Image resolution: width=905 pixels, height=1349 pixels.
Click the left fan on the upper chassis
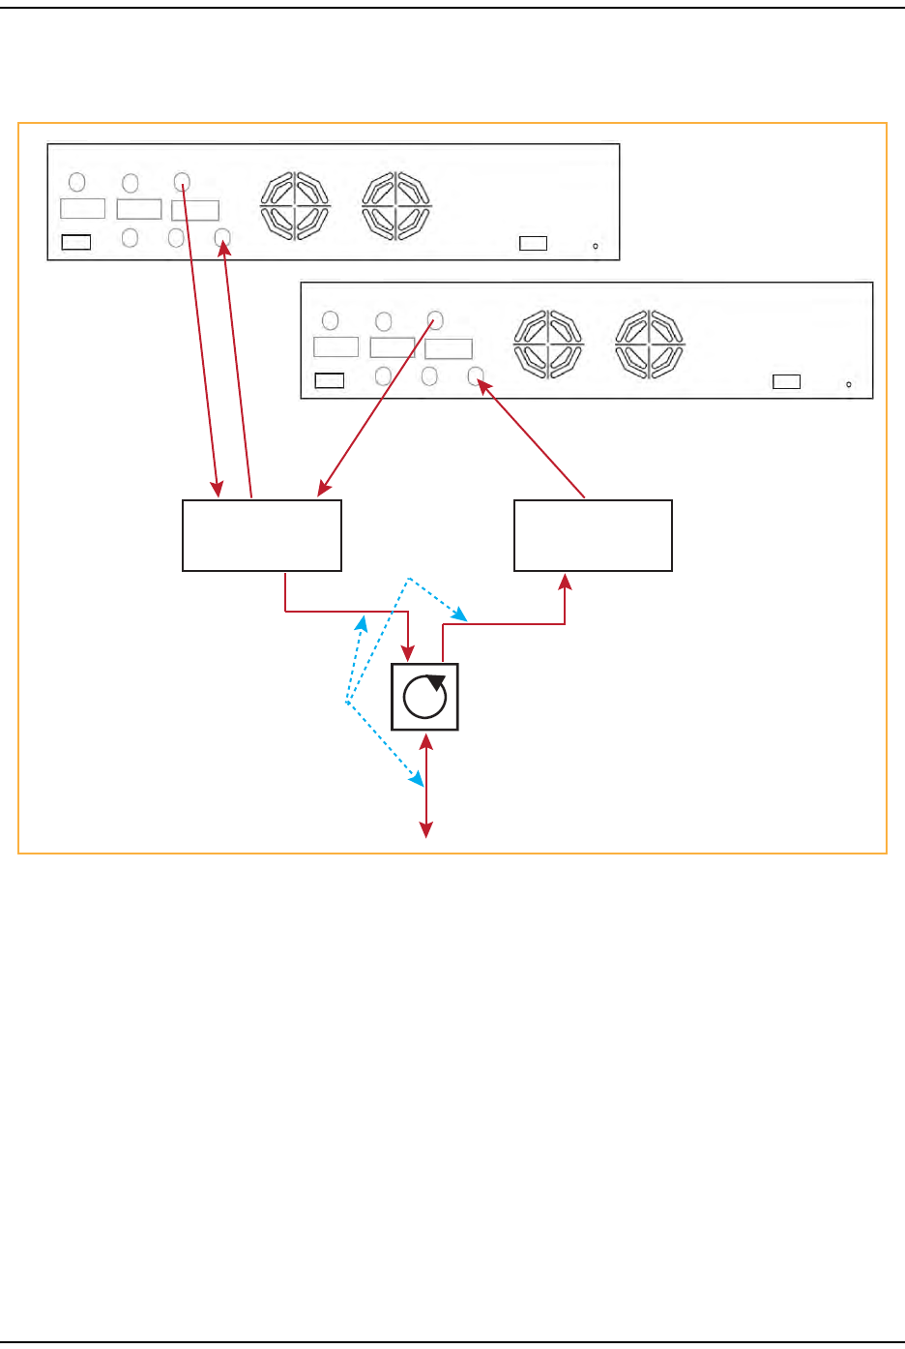pos(296,205)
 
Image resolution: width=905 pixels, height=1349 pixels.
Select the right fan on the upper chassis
pos(396,205)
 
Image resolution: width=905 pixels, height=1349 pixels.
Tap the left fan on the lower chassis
pos(549,344)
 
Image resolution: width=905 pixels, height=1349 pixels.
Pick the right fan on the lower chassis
pos(650,344)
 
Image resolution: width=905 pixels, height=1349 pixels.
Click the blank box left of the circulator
pos(262,535)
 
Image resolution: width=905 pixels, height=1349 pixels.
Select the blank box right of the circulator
pos(593,535)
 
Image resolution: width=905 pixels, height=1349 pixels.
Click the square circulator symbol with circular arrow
pos(424,697)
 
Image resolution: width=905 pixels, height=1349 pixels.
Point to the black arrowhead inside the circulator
pos(437,681)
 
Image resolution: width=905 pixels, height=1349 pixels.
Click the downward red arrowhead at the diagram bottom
pos(425,829)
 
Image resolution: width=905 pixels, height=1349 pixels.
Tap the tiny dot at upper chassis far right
pos(596,246)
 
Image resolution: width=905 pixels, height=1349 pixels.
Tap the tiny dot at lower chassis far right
pos(849,384)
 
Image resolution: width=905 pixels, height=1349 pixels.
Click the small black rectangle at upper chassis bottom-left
pos(76,242)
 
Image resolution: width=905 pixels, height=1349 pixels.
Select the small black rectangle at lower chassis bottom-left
pos(330,380)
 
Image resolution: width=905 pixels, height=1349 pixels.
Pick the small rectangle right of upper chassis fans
pos(533,243)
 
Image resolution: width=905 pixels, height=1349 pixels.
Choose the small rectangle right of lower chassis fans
pos(786,381)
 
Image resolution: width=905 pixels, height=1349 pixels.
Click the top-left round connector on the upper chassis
pos(77,182)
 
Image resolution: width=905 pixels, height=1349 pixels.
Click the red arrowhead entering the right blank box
pos(566,581)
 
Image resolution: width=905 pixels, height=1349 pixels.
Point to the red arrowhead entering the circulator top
pos(410,653)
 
